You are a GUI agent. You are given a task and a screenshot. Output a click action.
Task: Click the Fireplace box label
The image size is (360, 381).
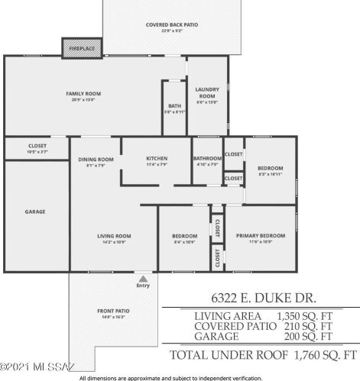click(x=82, y=48)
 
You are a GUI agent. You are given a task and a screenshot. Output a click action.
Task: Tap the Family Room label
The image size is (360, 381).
click(x=83, y=94)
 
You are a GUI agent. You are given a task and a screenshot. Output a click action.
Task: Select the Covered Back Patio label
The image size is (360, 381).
click(x=172, y=25)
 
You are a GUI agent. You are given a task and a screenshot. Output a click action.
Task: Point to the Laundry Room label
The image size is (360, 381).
click(x=206, y=92)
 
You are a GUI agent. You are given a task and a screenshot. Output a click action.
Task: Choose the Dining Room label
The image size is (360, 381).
click(x=96, y=159)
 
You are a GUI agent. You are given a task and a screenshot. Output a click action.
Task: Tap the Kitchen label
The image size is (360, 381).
click(x=157, y=159)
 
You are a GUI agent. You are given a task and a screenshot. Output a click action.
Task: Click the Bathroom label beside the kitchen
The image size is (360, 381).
click(x=207, y=159)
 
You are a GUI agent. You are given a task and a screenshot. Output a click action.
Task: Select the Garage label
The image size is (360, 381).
click(x=35, y=211)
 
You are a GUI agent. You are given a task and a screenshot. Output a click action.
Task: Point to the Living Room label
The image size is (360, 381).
click(x=114, y=236)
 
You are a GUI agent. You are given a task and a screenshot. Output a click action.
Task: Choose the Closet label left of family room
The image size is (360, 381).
click(x=37, y=145)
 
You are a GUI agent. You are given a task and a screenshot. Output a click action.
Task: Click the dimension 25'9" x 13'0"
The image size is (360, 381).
click(x=83, y=99)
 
